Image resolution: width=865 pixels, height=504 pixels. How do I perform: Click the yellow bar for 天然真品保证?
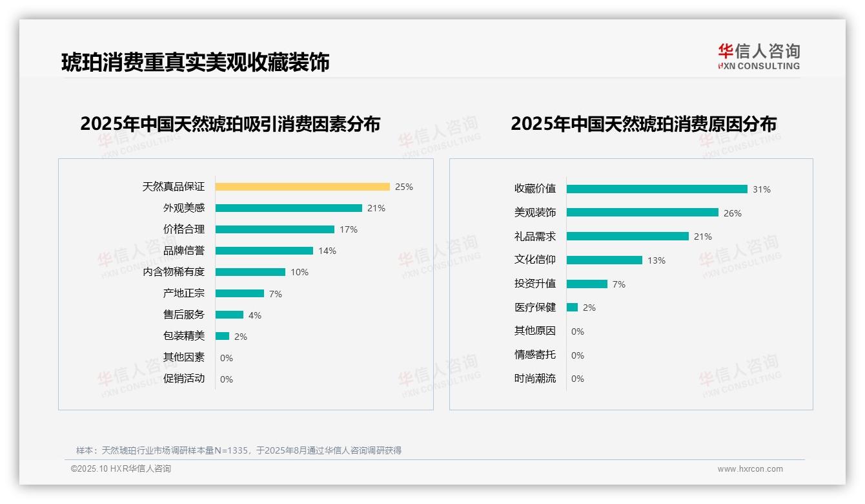pyautogui.click(x=302, y=187)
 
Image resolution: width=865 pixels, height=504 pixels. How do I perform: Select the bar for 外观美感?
pyautogui.click(x=289, y=208)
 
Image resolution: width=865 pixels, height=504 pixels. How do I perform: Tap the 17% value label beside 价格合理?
pyautogui.click(x=349, y=229)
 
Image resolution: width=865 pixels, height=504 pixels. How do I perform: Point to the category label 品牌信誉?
pyautogui.click(x=183, y=251)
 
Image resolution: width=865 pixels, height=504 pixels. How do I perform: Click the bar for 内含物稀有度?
pyautogui.click(x=250, y=272)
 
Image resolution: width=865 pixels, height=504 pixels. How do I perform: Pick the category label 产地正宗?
pyautogui.click(x=183, y=293)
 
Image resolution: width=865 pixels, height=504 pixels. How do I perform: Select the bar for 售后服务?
pyautogui.click(x=229, y=315)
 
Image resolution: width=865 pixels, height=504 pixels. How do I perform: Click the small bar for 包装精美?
pyautogui.click(x=222, y=336)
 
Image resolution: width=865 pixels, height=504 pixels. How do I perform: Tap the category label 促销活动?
pyautogui.click(x=183, y=379)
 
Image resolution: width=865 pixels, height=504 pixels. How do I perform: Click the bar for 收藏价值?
pyautogui.click(x=656, y=189)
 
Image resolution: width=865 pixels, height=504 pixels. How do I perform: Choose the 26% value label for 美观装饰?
pyautogui.click(x=733, y=213)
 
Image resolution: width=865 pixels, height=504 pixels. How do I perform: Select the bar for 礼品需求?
pyautogui.click(x=627, y=236)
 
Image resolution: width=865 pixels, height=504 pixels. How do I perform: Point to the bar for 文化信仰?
pyautogui.click(x=604, y=260)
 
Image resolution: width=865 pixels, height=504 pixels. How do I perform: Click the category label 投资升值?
pyautogui.click(x=534, y=284)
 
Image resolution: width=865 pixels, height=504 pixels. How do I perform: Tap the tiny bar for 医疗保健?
pyautogui.click(x=572, y=308)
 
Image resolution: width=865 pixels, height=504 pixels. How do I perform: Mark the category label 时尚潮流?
pyautogui.click(x=534, y=379)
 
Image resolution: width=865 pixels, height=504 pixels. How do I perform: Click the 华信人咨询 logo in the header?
pyautogui.click(x=758, y=56)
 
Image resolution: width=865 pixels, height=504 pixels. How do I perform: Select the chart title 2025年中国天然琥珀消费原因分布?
pyautogui.click(x=643, y=123)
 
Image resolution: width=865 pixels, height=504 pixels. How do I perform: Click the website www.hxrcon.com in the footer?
pyautogui.click(x=750, y=469)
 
